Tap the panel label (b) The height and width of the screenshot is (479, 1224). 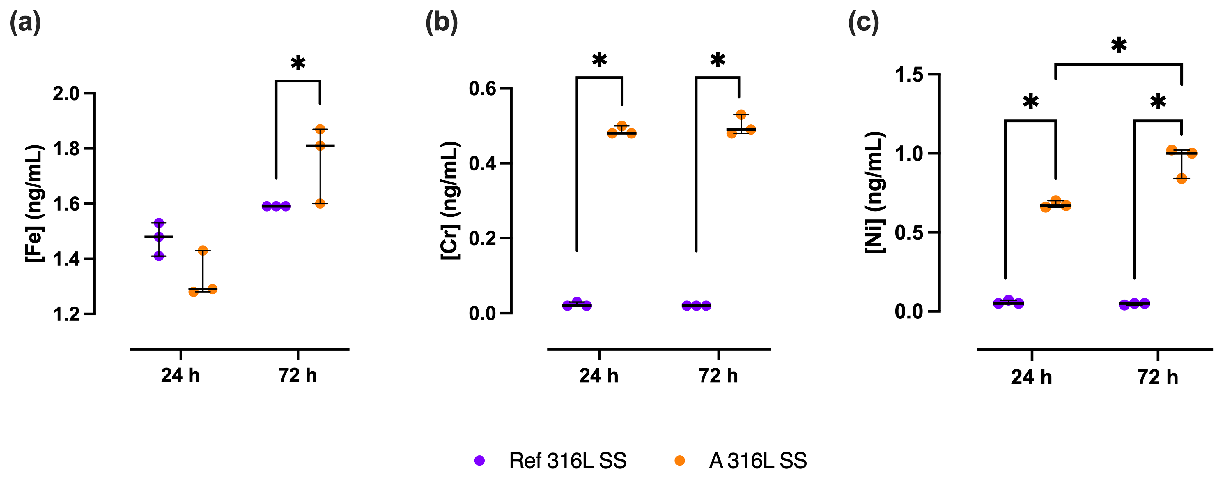click(441, 22)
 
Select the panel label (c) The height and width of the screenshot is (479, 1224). click(863, 22)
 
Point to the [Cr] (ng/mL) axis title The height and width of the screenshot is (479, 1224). click(450, 200)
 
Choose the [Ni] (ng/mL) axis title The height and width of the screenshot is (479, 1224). click(874, 193)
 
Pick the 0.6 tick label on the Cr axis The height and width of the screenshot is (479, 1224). click(482, 89)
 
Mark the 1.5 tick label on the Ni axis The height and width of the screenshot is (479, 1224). click(908, 75)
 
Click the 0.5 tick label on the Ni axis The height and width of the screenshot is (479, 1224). click(908, 233)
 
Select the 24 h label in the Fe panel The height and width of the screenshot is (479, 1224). click(180, 375)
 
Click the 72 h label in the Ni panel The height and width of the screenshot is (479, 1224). click(1157, 377)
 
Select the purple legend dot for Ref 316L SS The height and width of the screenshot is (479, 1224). click(479, 460)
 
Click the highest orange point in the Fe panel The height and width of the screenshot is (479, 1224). click(320, 129)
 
